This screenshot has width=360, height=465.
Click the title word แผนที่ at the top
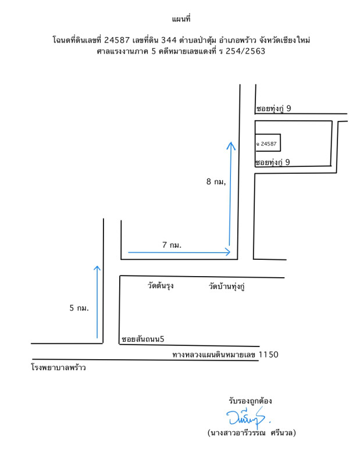[x=182, y=20]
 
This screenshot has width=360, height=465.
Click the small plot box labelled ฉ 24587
[x=268, y=143]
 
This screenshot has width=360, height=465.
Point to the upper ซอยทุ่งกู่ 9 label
[x=281, y=108]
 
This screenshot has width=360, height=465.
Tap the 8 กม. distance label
[x=215, y=181]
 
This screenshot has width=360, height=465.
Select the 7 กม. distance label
[x=172, y=245]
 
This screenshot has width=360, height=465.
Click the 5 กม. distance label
[x=79, y=308]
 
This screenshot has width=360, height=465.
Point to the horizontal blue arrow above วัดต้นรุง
[x=179, y=252]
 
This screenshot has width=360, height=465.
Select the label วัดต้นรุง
[x=161, y=286]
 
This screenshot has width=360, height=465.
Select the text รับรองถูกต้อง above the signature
[x=251, y=401]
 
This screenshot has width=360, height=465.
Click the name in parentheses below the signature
[x=252, y=433]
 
